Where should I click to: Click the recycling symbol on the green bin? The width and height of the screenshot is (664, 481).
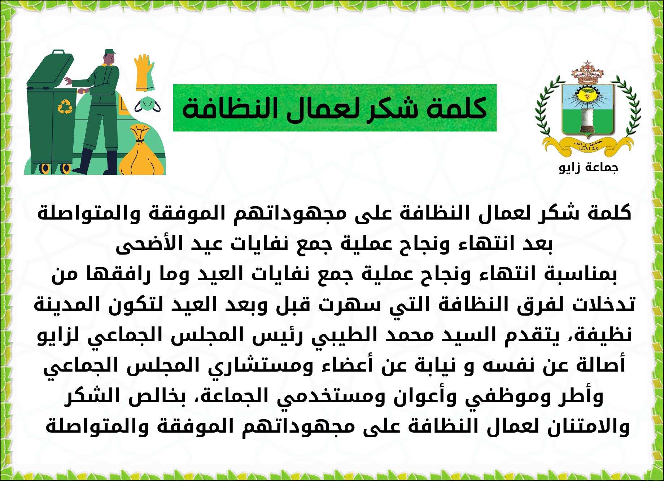65,107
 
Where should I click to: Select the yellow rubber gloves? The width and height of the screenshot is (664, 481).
144,73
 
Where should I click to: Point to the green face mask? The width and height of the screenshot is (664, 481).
147,105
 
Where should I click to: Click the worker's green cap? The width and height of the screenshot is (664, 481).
110,52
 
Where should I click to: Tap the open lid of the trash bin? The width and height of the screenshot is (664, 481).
51,69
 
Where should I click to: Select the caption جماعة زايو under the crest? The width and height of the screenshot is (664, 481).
589,168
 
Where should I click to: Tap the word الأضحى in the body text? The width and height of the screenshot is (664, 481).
149,243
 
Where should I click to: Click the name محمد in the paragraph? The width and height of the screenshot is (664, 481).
409,334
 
